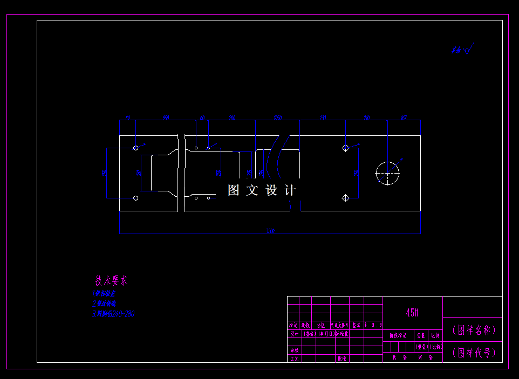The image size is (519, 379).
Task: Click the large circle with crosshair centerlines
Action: click(388, 173)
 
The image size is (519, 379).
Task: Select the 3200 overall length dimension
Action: click(270, 231)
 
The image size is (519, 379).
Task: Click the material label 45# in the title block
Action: click(412, 313)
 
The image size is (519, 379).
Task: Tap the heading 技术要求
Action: click(112, 281)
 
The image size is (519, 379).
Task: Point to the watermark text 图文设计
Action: click(262, 190)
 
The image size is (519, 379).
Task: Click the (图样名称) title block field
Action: click(473, 330)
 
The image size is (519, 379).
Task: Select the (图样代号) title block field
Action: click(473, 353)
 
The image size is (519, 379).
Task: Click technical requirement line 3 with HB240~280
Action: click(114, 314)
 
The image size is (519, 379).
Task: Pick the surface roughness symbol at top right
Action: click(463, 50)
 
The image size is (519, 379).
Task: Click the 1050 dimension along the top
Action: click(277, 117)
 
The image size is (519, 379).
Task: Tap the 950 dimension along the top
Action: click(166, 117)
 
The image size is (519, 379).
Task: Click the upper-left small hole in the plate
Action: click(135, 147)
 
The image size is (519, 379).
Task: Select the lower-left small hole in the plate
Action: click(135, 198)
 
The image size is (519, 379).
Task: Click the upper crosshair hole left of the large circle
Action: click(346, 148)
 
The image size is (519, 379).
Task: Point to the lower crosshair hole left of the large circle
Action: click(346, 198)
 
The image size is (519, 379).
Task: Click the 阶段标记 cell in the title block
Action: click(398, 335)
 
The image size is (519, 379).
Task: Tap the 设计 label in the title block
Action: click(294, 334)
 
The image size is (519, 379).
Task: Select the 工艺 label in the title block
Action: click(294, 358)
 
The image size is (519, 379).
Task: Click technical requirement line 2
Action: click(104, 304)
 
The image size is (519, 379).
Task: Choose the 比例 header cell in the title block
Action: click(435, 335)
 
